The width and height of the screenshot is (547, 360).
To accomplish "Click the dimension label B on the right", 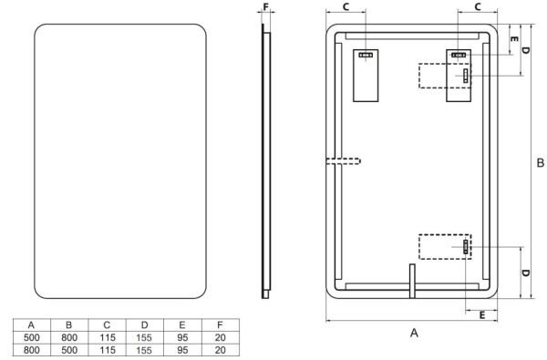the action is coord(540,162).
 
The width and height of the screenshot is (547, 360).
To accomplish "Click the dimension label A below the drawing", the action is coord(414,333).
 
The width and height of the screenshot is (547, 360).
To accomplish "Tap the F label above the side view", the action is coord(266,6).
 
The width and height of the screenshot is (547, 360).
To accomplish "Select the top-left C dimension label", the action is coord(346,6).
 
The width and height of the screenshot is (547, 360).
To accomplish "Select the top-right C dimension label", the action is coord(478,6).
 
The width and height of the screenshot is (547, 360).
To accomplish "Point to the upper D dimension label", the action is coord(525,50).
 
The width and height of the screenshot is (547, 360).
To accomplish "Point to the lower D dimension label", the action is coord(525,273).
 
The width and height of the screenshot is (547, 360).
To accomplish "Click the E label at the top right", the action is coord(514,39).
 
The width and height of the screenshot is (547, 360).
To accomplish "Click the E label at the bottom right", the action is coord(482,315).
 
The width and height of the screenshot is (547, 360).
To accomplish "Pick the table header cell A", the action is coord(31,325).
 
